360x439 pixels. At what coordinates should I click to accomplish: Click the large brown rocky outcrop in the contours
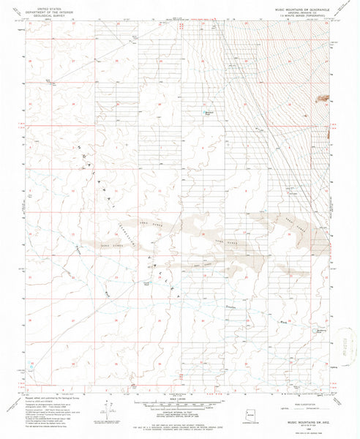point(322,97)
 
